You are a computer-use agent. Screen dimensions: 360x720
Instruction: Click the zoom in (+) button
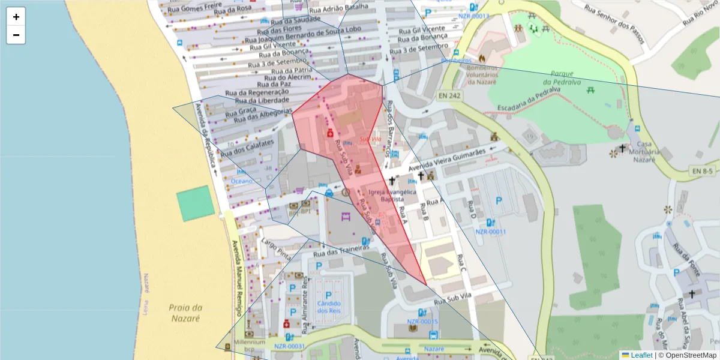(x=16, y=17)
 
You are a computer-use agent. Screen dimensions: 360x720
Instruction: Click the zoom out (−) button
(x=16, y=35)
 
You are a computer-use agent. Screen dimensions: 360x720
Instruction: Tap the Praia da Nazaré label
(x=185, y=313)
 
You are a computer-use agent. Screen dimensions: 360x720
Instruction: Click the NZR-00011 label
(x=491, y=232)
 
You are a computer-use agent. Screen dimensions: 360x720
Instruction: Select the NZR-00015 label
(x=423, y=322)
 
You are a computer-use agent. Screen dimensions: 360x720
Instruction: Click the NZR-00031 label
(x=290, y=346)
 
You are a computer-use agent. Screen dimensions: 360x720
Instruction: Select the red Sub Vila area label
(x=370, y=139)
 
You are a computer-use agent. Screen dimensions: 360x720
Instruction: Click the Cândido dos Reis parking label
(x=328, y=302)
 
